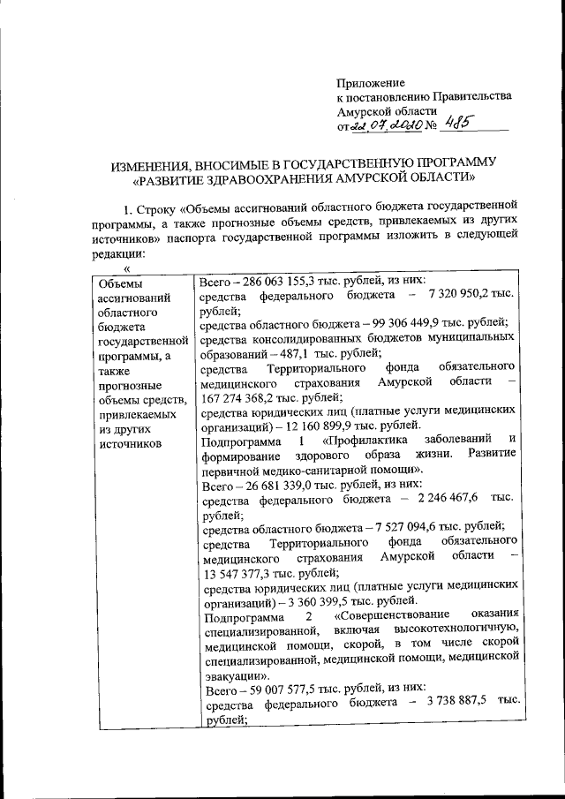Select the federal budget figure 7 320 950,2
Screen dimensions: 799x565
coord(468,297)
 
